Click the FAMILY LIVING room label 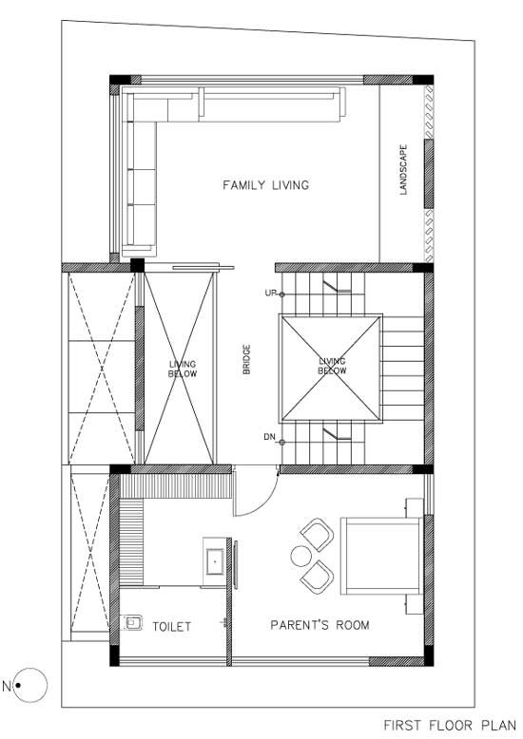265,184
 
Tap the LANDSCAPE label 403,170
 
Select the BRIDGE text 246,360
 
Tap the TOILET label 172,626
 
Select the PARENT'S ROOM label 320,625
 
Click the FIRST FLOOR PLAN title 450,725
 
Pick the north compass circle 30,669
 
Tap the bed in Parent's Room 381,556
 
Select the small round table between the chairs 300,556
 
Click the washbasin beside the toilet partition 215,561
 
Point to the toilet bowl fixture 130,622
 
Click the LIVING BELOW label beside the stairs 332,367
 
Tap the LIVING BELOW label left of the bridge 183,369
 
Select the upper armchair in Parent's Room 318,535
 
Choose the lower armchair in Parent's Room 318,577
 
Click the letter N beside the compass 6,686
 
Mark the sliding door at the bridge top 203,268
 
